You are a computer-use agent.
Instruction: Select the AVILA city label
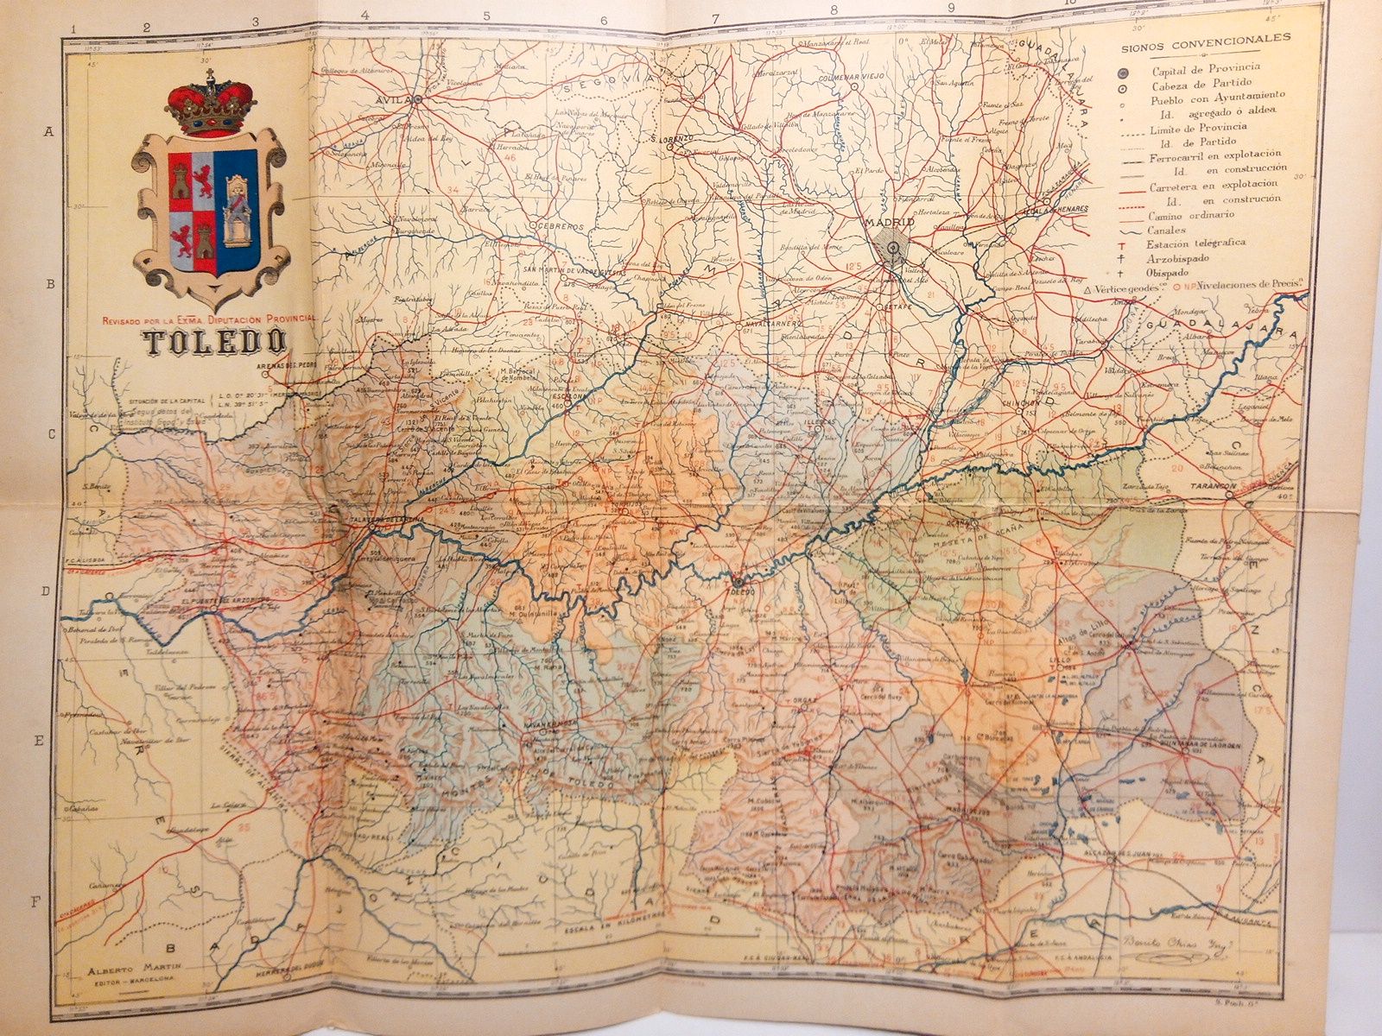coord(393,99)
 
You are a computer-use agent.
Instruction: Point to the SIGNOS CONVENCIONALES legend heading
coord(1206,38)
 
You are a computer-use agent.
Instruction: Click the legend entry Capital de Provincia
coord(1205,67)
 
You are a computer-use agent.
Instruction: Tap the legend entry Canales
coord(1167,231)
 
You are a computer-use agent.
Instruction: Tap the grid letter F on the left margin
coord(37,902)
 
